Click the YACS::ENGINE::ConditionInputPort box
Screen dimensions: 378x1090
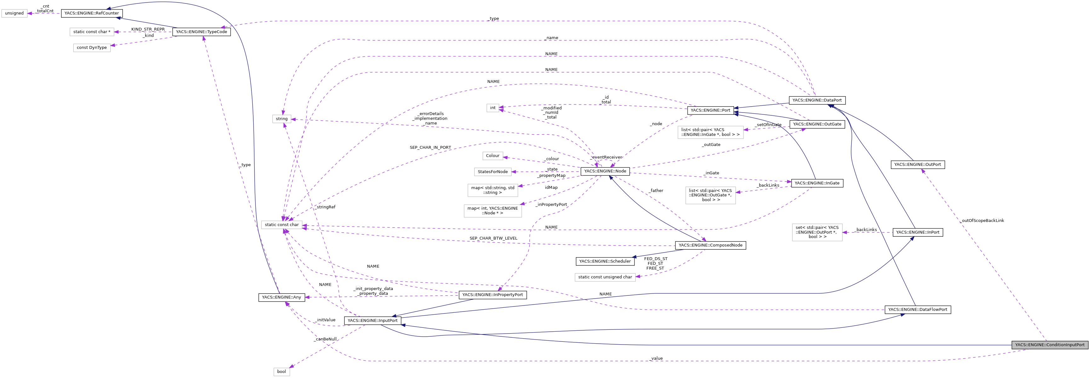pos(1049,345)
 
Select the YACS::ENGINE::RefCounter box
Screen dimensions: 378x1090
pos(91,13)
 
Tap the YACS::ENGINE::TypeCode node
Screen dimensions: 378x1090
pos(201,32)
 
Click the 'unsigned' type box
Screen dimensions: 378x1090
pos(14,13)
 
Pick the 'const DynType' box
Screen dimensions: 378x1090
pos(91,47)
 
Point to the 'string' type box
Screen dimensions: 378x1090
pos(281,119)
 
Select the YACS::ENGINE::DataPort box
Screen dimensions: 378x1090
pos(817,100)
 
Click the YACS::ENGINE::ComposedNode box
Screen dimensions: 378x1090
pos(710,245)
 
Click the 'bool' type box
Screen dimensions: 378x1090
pos(281,371)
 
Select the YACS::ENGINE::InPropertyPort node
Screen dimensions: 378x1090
pos(492,294)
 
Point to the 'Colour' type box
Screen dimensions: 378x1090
pos(492,156)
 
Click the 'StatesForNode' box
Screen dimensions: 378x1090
pos(492,172)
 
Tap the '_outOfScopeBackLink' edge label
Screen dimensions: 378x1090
pos(982,221)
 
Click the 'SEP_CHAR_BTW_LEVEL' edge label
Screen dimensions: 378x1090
pos(493,238)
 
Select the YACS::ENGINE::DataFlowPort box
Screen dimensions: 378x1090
pos(917,309)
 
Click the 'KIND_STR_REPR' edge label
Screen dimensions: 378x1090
pos(148,29)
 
